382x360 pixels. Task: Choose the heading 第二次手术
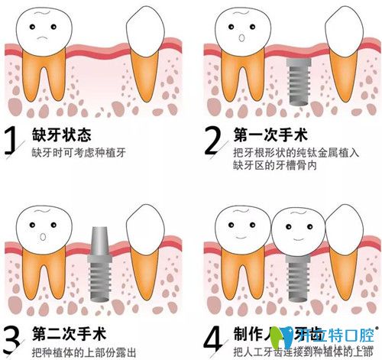66,333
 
